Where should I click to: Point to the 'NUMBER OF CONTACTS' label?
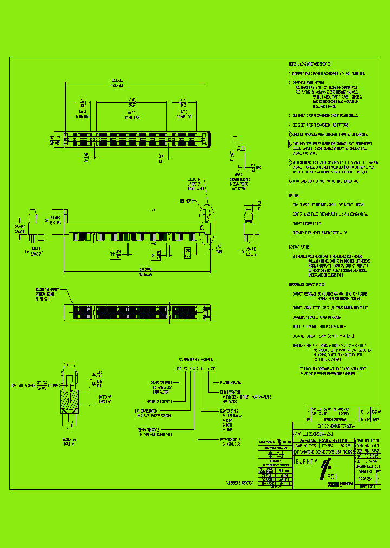(158, 402)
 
